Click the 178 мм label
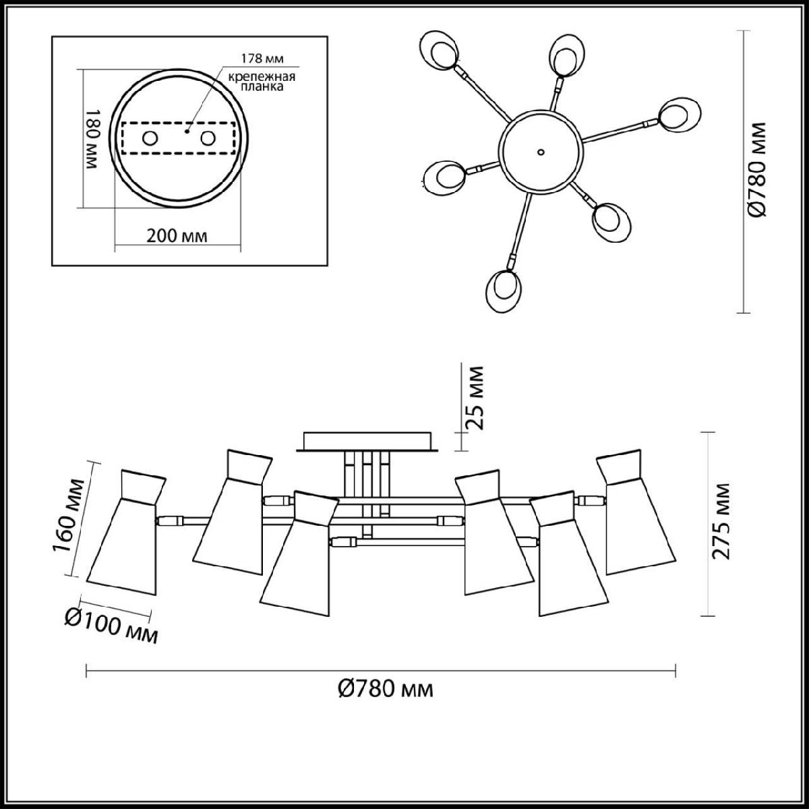[262, 59]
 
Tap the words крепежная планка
[262, 82]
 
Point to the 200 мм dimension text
[177, 236]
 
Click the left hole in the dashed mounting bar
[150, 138]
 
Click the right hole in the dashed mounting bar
[208, 138]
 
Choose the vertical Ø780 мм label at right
[757, 170]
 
